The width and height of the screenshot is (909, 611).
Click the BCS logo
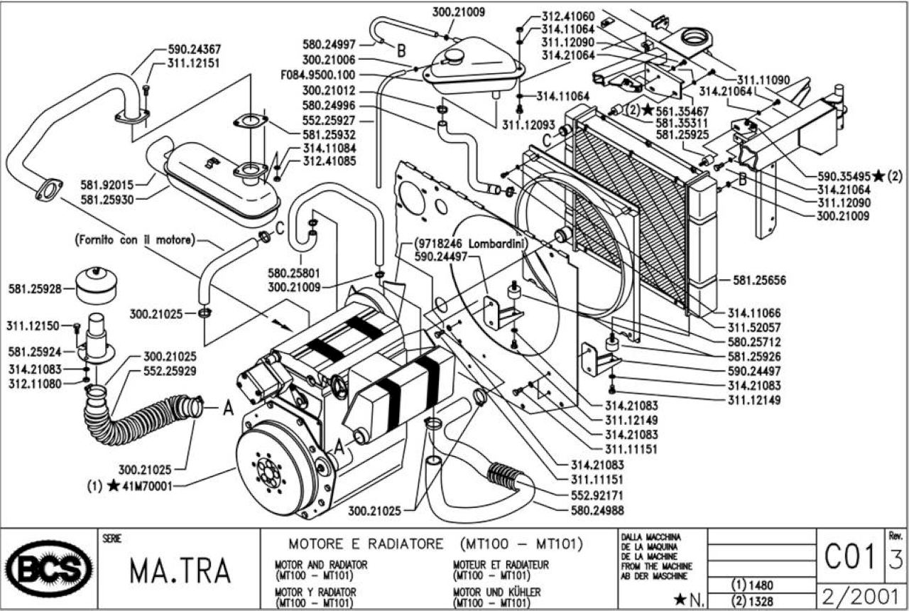(x=50, y=568)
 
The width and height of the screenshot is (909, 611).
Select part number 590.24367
(x=195, y=50)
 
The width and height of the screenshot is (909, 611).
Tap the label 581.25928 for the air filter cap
(x=35, y=289)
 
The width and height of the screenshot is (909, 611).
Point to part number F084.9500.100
(x=317, y=75)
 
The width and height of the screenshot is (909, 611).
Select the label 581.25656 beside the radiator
(x=759, y=280)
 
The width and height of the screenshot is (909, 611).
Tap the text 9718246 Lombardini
(x=472, y=244)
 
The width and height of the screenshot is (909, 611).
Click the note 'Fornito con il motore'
(x=135, y=240)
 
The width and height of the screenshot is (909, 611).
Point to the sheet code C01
(x=850, y=556)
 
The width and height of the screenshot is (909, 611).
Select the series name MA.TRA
(x=180, y=571)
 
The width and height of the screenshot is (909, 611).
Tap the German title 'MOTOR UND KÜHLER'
(x=496, y=592)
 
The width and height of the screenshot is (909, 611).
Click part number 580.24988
(x=597, y=510)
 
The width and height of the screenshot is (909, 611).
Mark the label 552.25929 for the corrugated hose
(x=170, y=371)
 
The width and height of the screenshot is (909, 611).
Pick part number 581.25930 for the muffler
(x=107, y=200)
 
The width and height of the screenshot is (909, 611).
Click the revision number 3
(x=896, y=559)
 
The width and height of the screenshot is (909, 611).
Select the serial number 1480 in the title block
(x=761, y=585)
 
